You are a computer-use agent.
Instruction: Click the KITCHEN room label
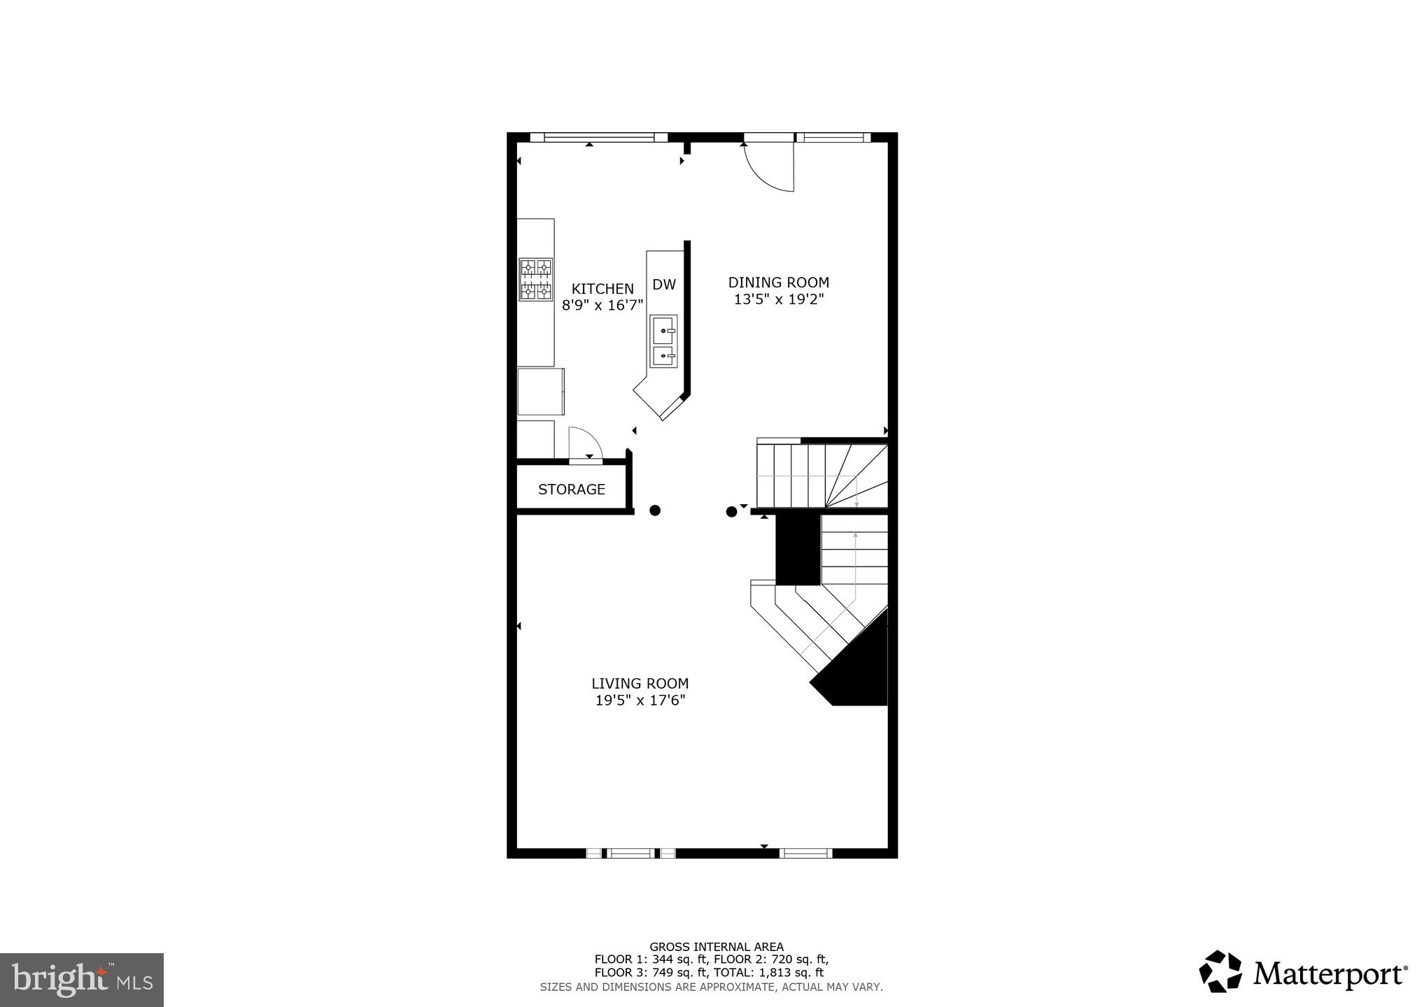pyautogui.click(x=602, y=289)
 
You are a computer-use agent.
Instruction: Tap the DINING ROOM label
pyautogui.click(x=778, y=283)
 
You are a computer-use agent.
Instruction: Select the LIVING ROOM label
pyautogui.click(x=640, y=683)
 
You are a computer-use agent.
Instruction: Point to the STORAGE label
pyautogui.click(x=571, y=490)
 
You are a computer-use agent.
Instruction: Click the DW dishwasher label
pyautogui.click(x=663, y=285)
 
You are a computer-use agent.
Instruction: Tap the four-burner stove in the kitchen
pyautogui.click(x=535, y=280)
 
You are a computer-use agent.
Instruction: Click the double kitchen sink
pyautogui.click(x=663, y=342)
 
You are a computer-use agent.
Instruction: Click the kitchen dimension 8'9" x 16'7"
pyautogui.click(x=602, y=306)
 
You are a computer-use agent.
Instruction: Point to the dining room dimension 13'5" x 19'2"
pyautogui.click(x=778, y=299)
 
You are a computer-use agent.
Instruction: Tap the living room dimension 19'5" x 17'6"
pyautogui.click(x=640, y=700)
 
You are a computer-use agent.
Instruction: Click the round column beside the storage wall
pyautogui.click(x=655, y=510)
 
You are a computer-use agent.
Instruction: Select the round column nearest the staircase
pyautogui.click(x=731, y=512)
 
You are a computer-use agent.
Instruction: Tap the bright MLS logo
pyautogui.click(x=82, y=980)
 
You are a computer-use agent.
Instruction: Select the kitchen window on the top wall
pyautogui.click(x=600, y=138)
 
